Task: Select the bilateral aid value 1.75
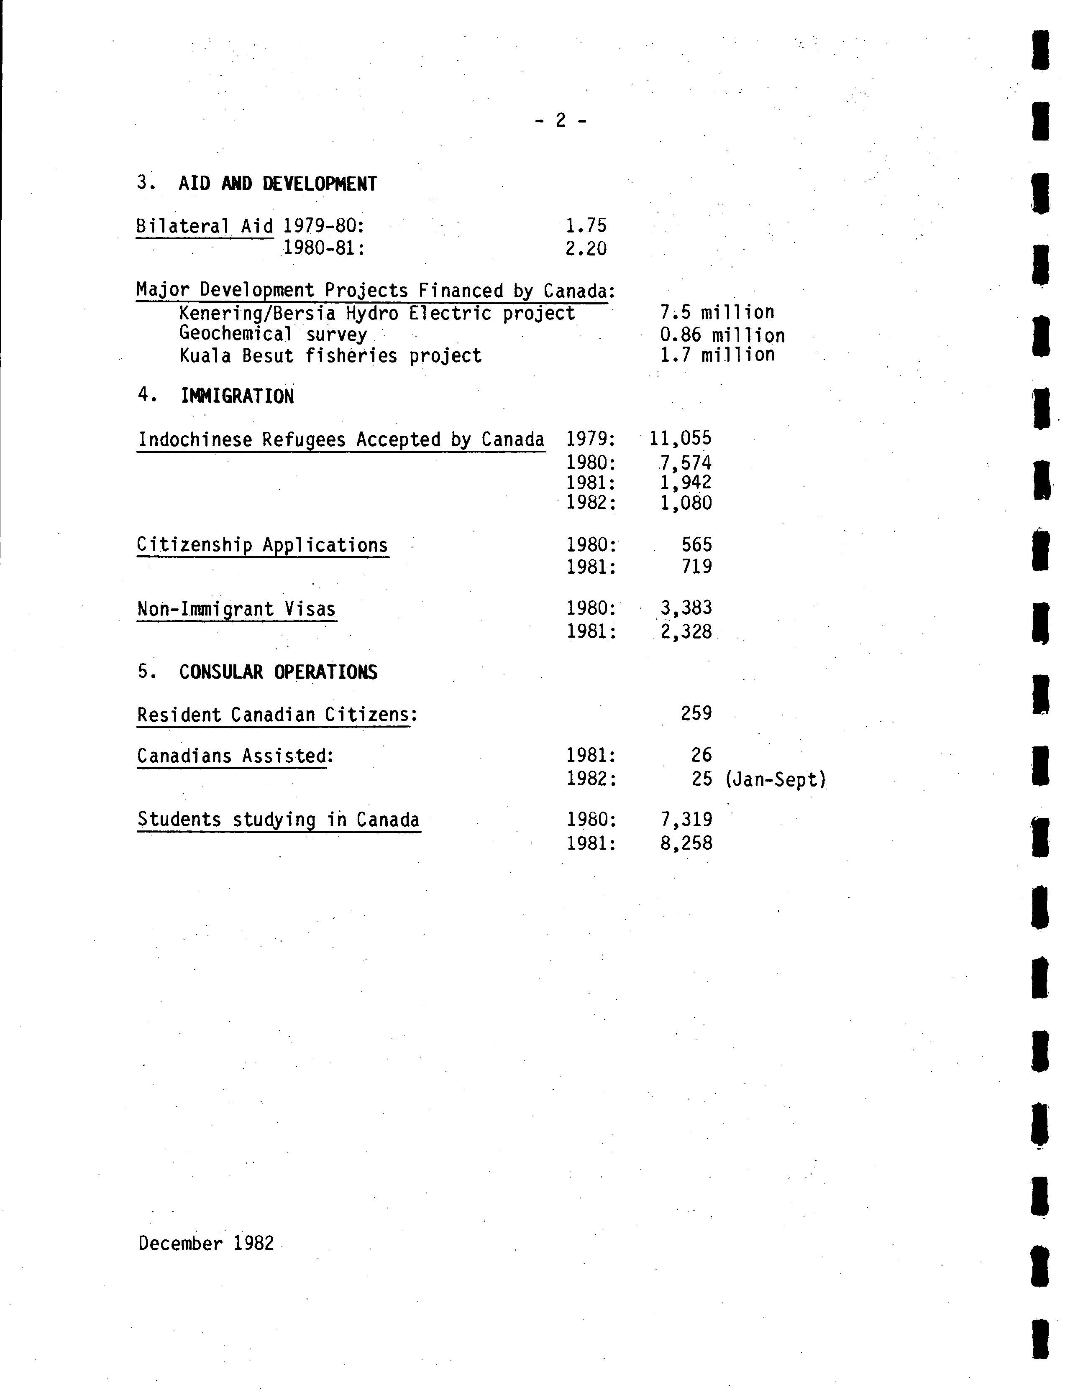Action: (586, 225)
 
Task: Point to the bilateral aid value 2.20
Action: (586, 248)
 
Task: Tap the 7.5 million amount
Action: (717, 312)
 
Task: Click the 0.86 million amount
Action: (722, 335)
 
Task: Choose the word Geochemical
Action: (235, 334)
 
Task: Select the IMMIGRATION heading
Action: (237, 397)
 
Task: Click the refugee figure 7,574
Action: (685, 462)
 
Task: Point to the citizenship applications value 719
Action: (697, 567)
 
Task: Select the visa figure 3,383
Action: (686, 608)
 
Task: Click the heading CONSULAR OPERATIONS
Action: (278, 672)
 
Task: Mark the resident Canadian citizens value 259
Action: (696, 713)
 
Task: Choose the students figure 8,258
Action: (686, 843)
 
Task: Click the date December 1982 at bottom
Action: (206, 1243)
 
